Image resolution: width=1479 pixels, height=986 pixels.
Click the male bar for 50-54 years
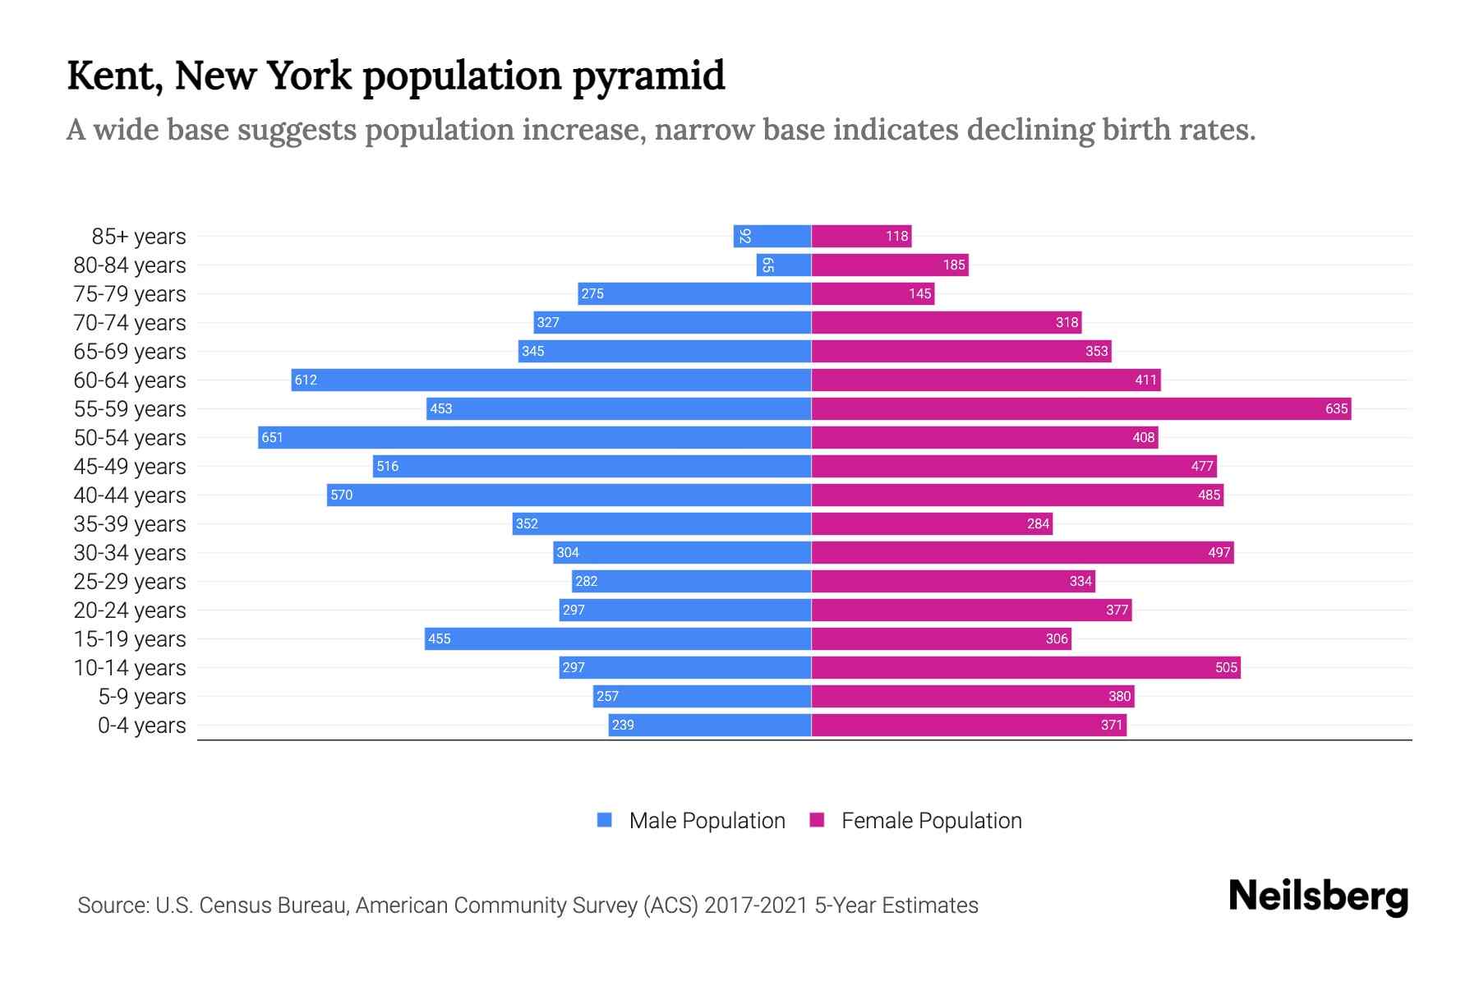tap(534, 437)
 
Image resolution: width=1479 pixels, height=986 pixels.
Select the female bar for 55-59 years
tap(1080, 408)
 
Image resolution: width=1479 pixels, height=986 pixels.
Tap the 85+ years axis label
tap(138, 237)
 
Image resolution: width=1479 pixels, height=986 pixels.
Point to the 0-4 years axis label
tap(141, 726)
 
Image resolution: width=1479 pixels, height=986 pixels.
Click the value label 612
tap(306, 380)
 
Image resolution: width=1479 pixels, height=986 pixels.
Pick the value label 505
tap(1226, 667)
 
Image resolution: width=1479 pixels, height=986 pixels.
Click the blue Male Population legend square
tap(605, 820)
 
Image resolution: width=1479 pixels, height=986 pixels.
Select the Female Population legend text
tap(931, 821)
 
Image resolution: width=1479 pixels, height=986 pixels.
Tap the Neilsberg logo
tap(1318, 896)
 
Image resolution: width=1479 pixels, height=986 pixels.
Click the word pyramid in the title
tap(648, 76)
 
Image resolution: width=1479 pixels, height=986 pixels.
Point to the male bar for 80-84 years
tap(784, 265)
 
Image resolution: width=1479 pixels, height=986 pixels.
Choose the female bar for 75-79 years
tap(873, 293)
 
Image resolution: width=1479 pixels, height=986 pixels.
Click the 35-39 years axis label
tap(130, 524)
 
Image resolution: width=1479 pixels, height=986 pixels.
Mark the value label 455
tap(440, 638)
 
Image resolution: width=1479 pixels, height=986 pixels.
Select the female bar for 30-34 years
tap(1022, 552)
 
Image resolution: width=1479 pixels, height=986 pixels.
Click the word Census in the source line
tap(236, 905)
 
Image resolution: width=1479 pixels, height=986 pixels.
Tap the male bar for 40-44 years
tap(569, 495)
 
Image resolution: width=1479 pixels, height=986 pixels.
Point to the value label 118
tap(896, 236)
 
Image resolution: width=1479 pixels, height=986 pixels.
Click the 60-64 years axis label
tap(130, 380)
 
